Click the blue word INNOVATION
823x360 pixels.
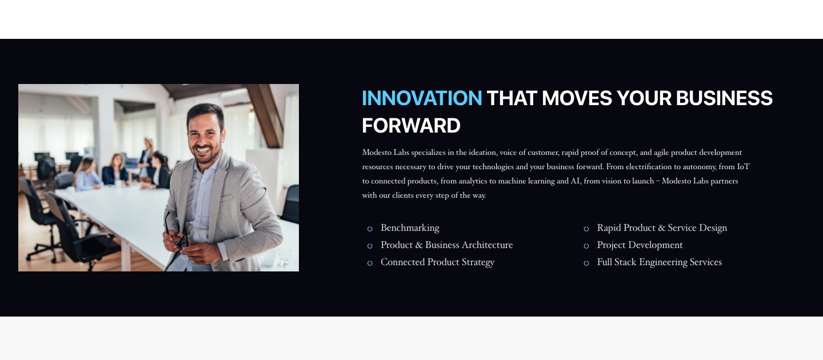[422, 98]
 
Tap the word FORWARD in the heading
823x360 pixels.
[411, 126]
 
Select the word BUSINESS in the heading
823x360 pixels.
[724, 98]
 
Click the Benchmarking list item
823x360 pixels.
[410, 228]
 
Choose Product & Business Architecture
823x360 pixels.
[447, 245]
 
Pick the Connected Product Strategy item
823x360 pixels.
[438, 262]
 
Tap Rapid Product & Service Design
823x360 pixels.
[662, 228]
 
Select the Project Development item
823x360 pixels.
[640, 245]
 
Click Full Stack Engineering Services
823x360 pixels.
[660, 262]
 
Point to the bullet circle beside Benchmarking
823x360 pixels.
[370, 229]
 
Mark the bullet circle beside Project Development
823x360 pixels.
[586, 246]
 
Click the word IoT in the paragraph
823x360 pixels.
[743, 167]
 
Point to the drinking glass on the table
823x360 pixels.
[283, 257]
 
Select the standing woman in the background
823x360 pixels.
[146, 158]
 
